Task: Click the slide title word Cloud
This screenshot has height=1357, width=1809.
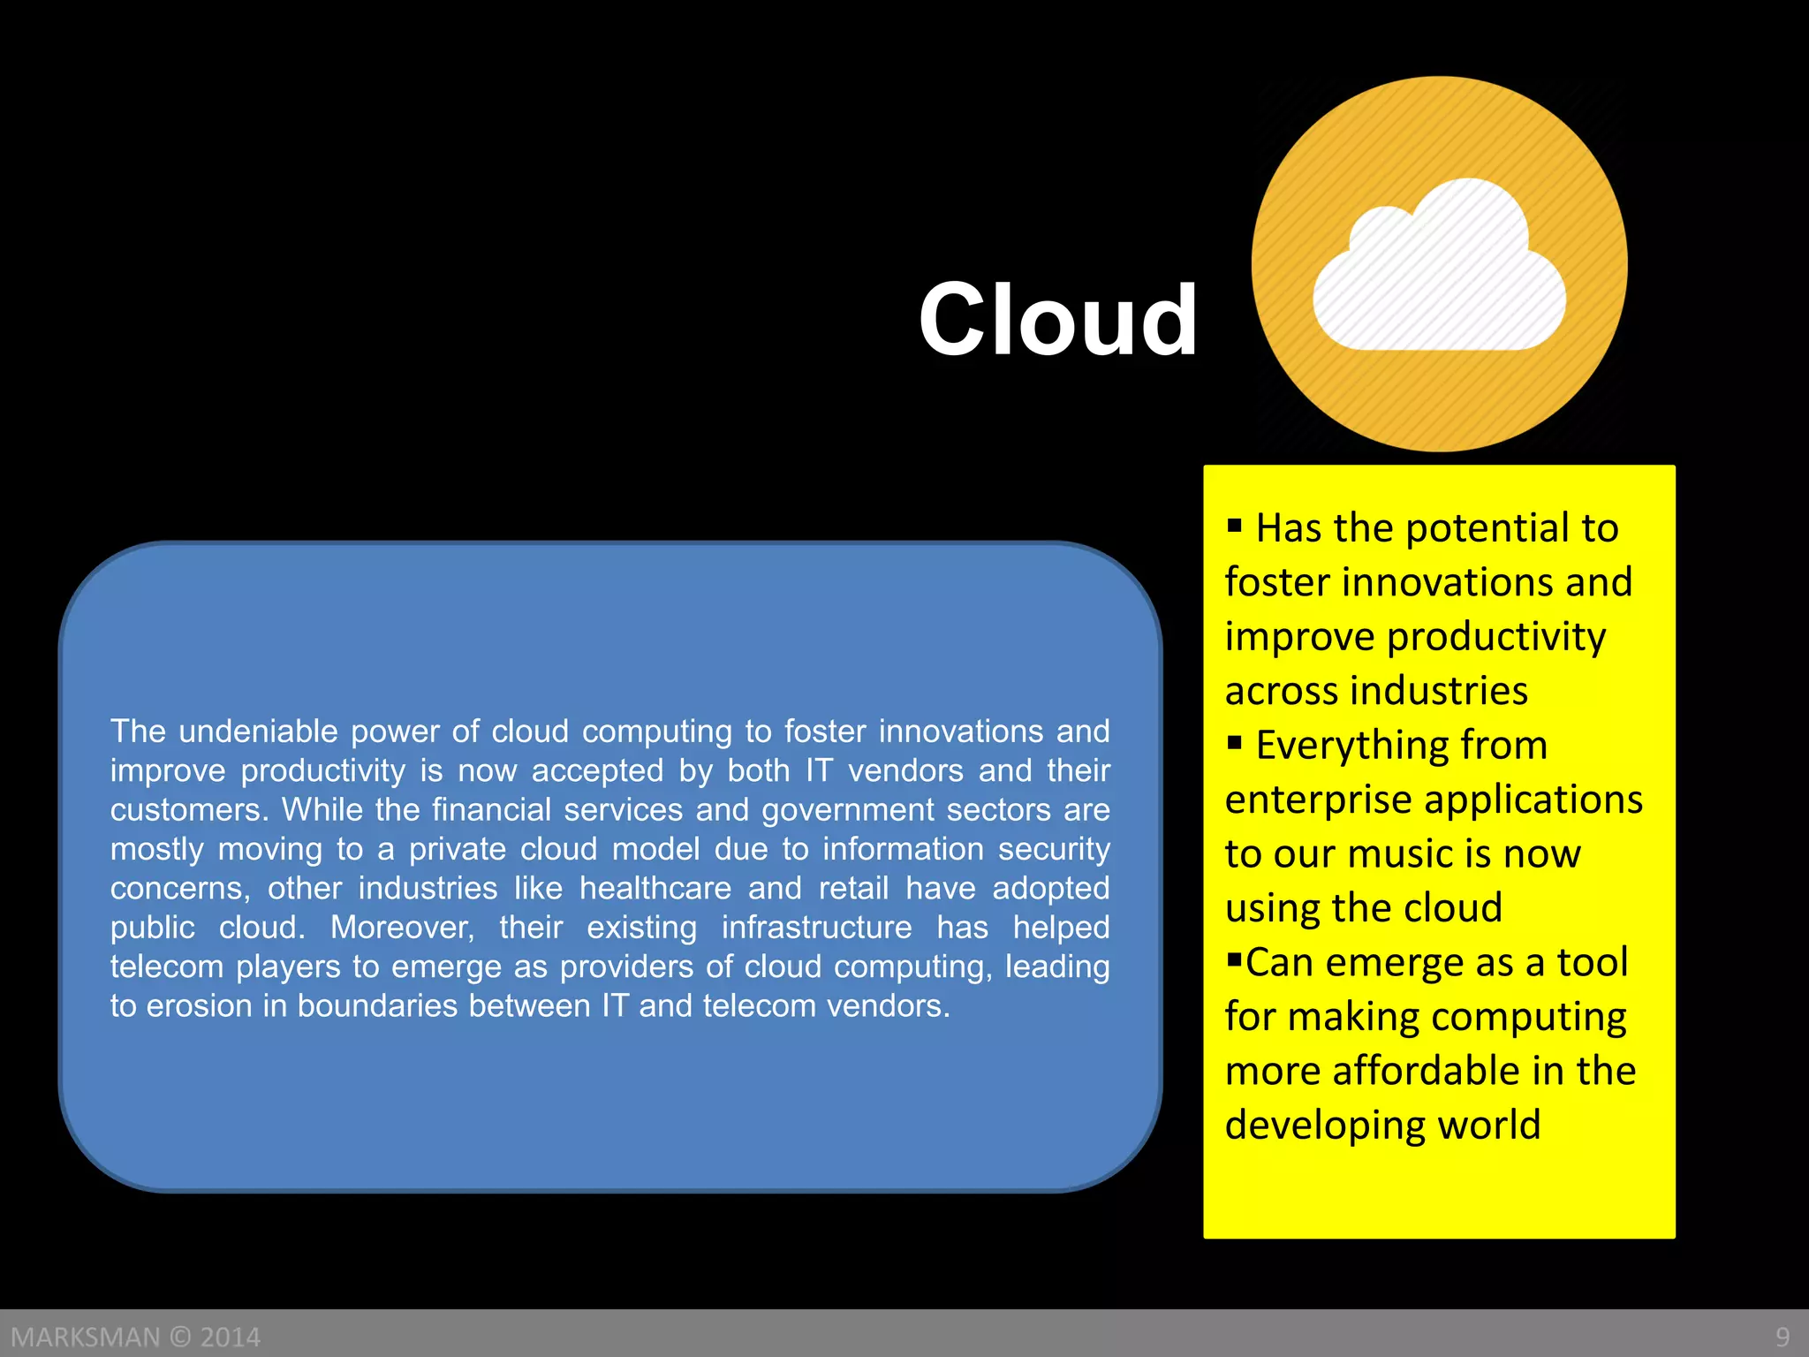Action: [1057, 320]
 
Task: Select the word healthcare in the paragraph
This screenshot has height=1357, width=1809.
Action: [655, 888]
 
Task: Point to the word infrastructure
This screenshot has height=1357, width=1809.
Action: [816, 928]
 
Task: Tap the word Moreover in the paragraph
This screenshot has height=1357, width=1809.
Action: [402, 928]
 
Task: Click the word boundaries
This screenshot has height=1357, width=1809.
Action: [377, 1006]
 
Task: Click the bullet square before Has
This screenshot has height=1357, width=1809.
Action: [1235, 527]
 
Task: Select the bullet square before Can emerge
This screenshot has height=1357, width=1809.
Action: [1234, 959]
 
